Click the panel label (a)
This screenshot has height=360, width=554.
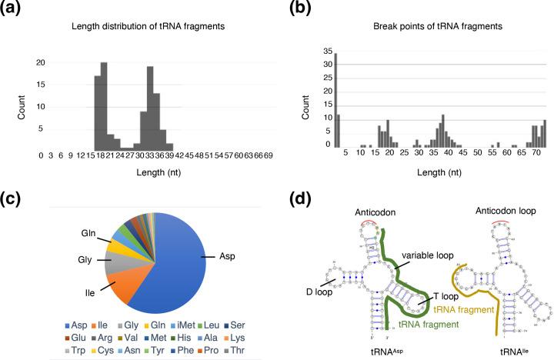(20, 11)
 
